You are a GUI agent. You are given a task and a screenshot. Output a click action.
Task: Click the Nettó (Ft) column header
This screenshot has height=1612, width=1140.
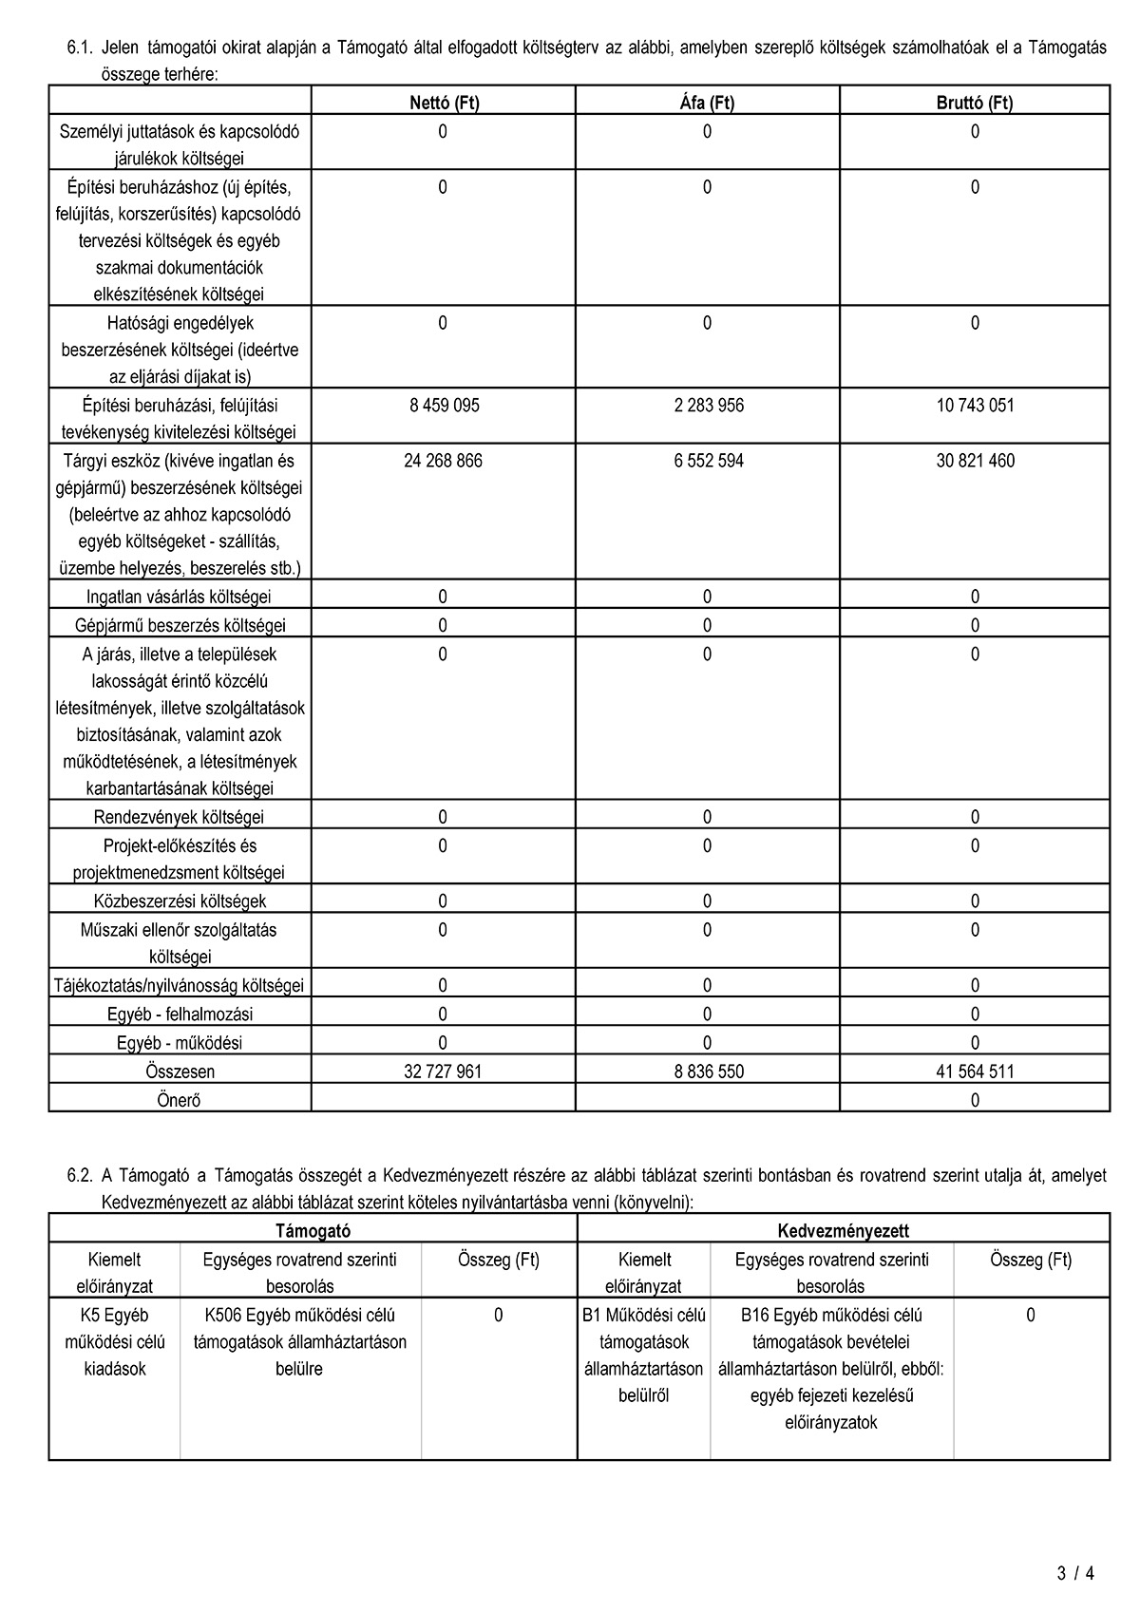444,103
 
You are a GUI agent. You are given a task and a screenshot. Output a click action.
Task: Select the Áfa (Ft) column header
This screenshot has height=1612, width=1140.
707,103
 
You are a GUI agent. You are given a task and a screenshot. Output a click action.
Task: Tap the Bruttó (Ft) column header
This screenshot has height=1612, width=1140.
975,103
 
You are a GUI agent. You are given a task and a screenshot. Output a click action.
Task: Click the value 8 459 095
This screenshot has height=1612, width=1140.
444,406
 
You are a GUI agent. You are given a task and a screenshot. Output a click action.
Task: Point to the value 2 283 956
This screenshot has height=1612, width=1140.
708,406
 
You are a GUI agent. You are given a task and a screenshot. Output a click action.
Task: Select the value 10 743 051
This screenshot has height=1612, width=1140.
975,406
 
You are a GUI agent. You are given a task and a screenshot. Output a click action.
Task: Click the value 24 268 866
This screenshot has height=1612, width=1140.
443,461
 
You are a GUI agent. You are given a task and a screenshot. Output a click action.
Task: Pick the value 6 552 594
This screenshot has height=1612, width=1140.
708,461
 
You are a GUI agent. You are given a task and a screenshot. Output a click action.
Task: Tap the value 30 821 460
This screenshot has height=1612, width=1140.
975,461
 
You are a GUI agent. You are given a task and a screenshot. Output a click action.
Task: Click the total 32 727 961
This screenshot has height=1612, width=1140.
443,1072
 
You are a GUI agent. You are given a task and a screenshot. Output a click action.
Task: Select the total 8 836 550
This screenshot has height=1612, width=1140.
708,1072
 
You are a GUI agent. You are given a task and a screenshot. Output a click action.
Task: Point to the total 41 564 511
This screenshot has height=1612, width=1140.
975,1072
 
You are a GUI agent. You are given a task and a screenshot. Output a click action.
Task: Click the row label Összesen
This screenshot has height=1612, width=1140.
180,1072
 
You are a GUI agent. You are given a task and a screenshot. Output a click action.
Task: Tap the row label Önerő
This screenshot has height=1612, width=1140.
180,1100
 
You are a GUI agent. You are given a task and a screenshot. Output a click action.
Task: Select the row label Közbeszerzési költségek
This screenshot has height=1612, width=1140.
180,901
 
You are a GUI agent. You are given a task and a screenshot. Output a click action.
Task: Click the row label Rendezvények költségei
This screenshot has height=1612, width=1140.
180,817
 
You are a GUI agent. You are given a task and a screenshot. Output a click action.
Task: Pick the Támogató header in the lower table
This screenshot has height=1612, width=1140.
313,1230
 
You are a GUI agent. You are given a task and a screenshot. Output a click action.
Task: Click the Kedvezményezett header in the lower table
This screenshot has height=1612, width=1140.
843,1230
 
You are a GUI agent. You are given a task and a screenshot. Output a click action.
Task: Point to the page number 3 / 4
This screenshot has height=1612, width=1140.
1075,1573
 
